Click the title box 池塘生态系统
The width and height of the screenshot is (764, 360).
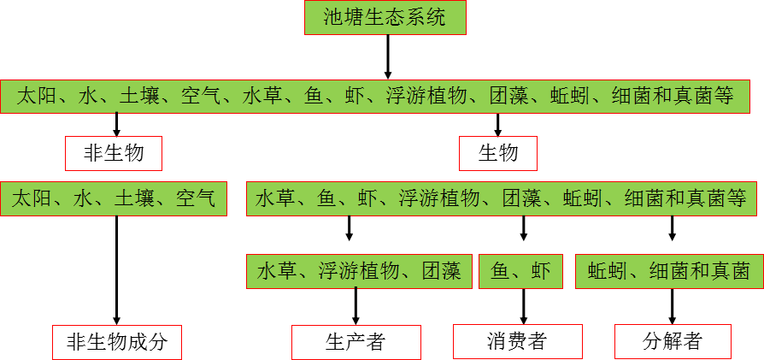pyautogui.click(x=385, y=18)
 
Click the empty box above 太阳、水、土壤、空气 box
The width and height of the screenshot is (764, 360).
pyautogui.click(x=114, y=153)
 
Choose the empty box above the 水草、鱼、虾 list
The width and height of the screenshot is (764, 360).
pyautogui.click(x=497, y=153)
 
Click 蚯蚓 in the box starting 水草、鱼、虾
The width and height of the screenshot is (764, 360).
pyautogui.click(x=584, y=199)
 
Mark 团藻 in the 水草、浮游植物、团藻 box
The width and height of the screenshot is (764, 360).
pyautogui.click(x=442, y=272)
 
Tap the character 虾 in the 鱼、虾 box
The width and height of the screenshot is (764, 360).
pyautogui.click(x=541, y=272)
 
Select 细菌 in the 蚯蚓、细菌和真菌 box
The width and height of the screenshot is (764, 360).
pyautogui.click(x=669, y=272)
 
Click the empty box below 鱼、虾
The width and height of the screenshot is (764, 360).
pyautogui.click(x=518, y=342)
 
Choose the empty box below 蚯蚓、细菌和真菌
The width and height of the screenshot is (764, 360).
pyautogui.click(x=673, y=342)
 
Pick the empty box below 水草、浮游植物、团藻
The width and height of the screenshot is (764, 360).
pyautogui.click(x=356, y=342)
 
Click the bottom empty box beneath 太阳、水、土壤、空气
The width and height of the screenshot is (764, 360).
pyautogui.click(x=117, y=342)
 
